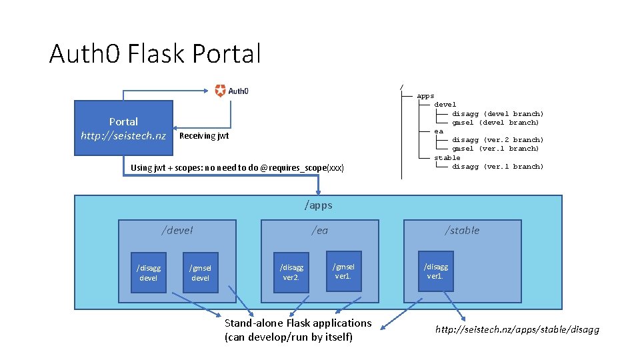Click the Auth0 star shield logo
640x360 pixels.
tap(220, 91)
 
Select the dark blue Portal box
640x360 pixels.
tap(124, 128)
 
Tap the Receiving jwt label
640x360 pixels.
tap(204, 136)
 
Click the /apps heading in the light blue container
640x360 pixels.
tap(319, 205)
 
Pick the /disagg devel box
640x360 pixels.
tap(149, 272)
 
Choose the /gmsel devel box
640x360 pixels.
tap(201, 272)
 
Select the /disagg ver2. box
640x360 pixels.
tap(291, 272)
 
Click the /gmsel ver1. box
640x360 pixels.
tap(344, 271)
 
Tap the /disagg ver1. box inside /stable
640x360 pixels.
tap(436, 271)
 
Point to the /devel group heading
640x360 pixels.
tap(177, 231)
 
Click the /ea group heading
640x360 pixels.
tap(319, 231)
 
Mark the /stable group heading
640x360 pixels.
tap(462, 231)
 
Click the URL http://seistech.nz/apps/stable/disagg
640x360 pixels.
tap(517, 329)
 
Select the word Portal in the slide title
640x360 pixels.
tap(227, 53)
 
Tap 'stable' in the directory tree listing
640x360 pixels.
tap(447, 157)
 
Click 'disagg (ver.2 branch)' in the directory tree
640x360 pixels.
tap(497, 139)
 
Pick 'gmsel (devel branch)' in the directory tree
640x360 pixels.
tap(495, 123)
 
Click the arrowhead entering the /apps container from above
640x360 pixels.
tap(319, 192)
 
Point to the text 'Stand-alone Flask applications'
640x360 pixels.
tap(298, 323)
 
